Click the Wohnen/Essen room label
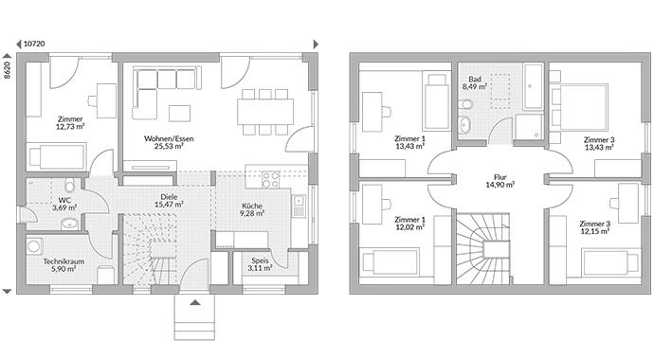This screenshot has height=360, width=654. [x=169, y=138]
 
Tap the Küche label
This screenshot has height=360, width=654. [x=252, y=206]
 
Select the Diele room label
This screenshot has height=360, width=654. [x=169, y=197]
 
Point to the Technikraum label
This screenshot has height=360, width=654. [x=64, y=261]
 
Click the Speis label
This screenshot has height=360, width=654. [x=260, y=261]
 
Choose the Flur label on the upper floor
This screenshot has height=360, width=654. [x=500, y=177]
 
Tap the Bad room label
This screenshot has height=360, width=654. [x=475, y=79]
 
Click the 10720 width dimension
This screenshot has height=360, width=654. [x=34, y=44]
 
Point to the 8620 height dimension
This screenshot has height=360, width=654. [x=7, y=70]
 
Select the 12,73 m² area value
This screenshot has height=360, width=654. [x=70, y=126]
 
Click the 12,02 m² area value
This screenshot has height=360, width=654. [x=410, y=227]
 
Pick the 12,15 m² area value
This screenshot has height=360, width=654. [x=595, y=231]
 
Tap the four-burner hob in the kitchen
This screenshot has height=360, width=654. [x=270, y=180]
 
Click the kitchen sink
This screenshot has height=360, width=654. [x=299, y=207]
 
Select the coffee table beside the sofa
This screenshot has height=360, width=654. [x=179, y=114]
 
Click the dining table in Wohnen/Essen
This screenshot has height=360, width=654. [x=265, y=112]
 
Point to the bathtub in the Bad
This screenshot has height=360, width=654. [x=534, y=86]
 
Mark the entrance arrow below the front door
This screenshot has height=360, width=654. [x=195, y=302]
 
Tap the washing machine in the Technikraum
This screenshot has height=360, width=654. [x=34, y=245]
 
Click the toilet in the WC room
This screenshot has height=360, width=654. [x=69, y=185]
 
